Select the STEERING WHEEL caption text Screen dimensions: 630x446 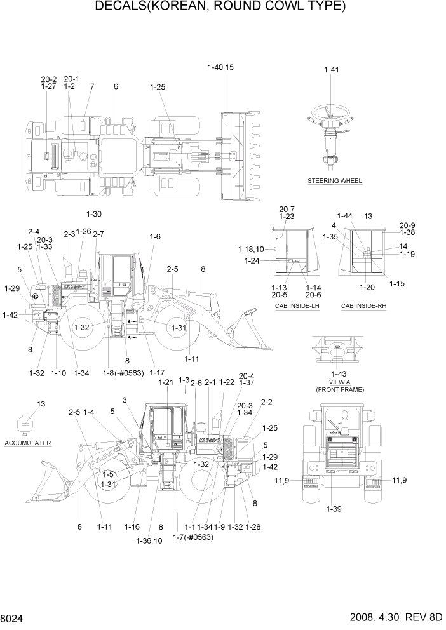click(x=335, y=181)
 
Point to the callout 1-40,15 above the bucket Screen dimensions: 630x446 click(x=220, y=67)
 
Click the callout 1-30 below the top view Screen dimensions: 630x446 click(x=93, y=213)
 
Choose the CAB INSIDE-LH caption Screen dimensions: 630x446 click(x=294, y=306)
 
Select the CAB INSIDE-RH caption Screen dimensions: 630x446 click(x=363, y=306)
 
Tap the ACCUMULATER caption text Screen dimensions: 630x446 click(x=27, y=442)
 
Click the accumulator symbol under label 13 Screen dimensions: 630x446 click(x=26, y=422)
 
